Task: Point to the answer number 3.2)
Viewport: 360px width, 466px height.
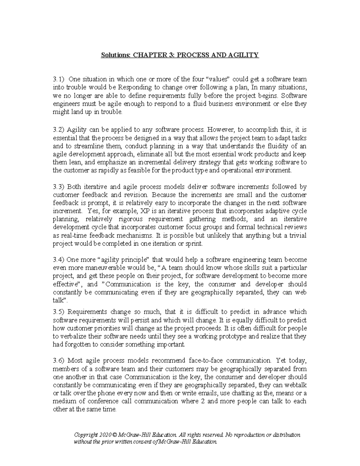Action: [x=59, y=130]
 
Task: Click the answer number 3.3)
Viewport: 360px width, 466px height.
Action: [x=59, y=187]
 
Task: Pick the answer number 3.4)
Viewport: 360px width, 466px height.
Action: [x=59, y=260]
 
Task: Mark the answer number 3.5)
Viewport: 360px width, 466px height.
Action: [x=59, y=312]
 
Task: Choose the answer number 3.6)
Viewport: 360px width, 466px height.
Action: [x=59, y=360]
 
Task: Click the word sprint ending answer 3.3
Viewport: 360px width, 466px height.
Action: [x=194, y=244]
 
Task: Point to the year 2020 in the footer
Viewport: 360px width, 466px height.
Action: [x=106, y=435]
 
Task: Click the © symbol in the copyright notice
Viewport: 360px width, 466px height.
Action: [x=115, y=435]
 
